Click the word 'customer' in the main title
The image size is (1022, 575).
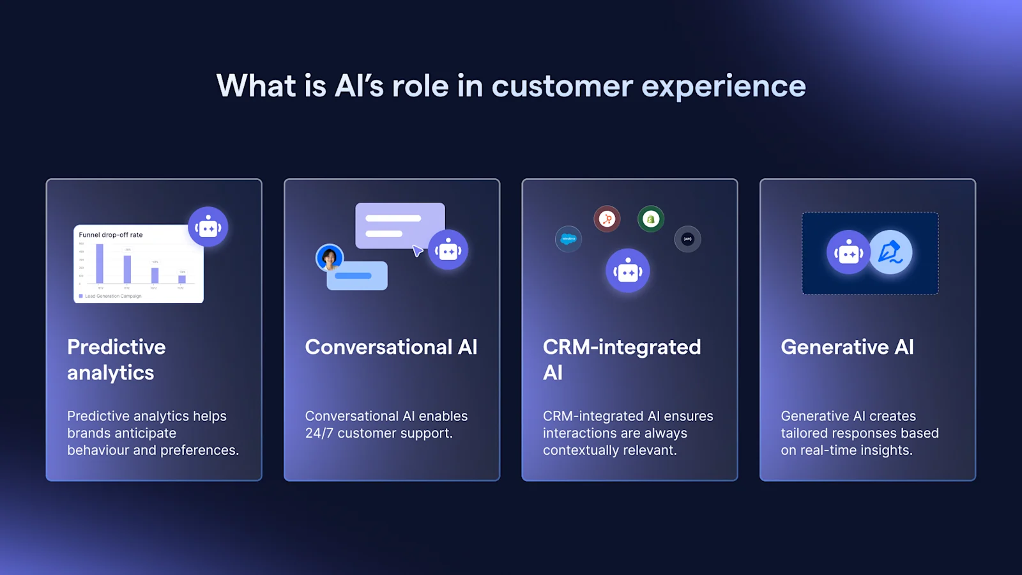click(561, 86)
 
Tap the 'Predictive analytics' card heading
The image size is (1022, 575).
click(116, 360)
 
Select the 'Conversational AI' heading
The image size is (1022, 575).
click(391, 347)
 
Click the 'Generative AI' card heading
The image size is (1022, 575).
click(847, 347)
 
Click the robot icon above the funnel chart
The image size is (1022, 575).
click(208, 227)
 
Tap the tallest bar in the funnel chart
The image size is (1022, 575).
click(100, 263)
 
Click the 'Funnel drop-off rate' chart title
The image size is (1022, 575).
click(111, 234)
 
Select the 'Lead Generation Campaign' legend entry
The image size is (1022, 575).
click(112, 296)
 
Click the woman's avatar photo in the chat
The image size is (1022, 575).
click(330, 257)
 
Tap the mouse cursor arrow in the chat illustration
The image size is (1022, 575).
click(417, 251)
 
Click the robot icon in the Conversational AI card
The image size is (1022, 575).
click(448, 250)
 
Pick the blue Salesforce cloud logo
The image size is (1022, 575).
click(568, 239)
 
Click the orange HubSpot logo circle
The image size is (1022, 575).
click(607, 219)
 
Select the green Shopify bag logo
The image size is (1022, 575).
click(650, 219)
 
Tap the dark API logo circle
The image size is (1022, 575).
click(687, 239)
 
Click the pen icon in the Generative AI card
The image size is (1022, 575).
click(890, 252)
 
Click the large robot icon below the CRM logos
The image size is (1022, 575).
click(628, 271)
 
